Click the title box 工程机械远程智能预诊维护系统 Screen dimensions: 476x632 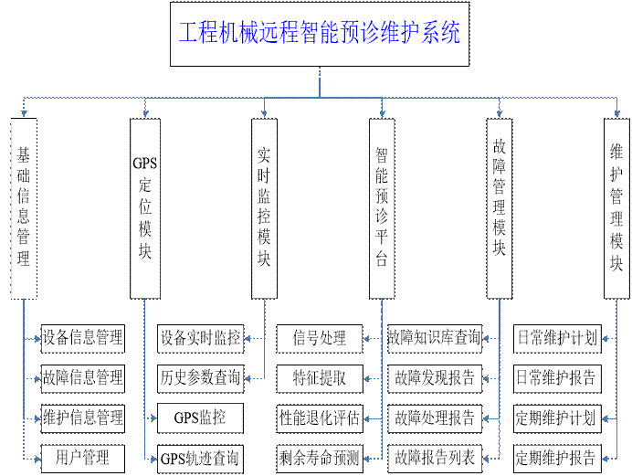coord(319,34)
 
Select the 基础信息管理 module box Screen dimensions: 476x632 coord(24,207)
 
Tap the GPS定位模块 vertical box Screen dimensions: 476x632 coord(144,207)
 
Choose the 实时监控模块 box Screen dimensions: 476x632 coord(264,207)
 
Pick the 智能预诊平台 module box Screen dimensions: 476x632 coord(382,207)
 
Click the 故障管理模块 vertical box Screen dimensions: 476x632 coord(498,207)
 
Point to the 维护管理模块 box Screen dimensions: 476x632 coord(616,207)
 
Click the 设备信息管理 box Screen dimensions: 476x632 coord(82,338)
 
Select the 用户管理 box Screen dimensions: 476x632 coord(82,457)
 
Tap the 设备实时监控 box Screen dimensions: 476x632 coord(200,338)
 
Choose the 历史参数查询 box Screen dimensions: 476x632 coord(200,377)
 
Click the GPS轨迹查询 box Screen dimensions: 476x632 coord(200,457)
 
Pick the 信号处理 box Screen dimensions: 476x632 coord(320,338)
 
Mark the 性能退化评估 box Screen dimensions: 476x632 coord(320,418)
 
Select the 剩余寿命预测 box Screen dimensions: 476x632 coord(320,457)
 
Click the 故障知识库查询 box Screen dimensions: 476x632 coord(435,338)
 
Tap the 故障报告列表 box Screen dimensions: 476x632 coord(435,457)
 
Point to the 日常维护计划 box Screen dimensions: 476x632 coord(556,338)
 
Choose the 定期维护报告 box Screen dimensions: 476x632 coord(556,457)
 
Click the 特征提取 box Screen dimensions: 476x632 coord(320,377)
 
